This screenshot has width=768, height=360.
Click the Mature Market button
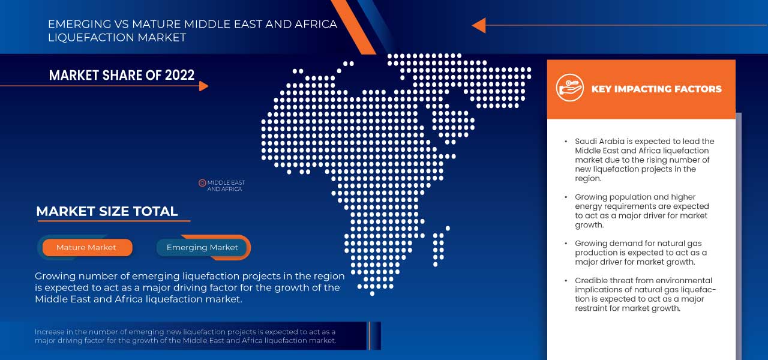[86, 247]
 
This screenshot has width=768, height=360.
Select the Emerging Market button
[202, 247]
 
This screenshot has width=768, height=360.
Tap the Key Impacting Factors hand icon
[569, 88]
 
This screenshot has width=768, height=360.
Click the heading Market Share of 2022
[122, 75]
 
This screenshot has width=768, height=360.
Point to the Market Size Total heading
[107, 211]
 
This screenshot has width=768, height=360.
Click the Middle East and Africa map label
[226, 186]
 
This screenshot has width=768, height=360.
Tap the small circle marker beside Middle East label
[202, 182]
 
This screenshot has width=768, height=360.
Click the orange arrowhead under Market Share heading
[203, 86]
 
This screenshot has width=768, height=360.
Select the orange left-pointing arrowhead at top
[478, 25]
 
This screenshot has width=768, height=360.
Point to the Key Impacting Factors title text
[656, 89]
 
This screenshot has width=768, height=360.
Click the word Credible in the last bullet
[592, 280]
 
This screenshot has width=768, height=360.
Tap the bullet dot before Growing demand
[566, 244]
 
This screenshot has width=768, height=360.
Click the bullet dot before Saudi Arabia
[566, 142]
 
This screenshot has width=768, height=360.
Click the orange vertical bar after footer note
[370, 335]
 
